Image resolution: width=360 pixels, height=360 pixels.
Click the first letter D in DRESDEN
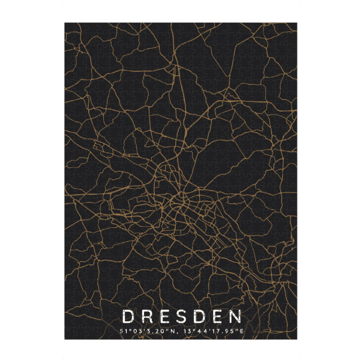pos(127,316)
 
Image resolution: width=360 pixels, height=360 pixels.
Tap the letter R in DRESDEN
pos(146,316)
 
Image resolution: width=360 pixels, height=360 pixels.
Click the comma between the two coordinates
pos(177,332)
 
